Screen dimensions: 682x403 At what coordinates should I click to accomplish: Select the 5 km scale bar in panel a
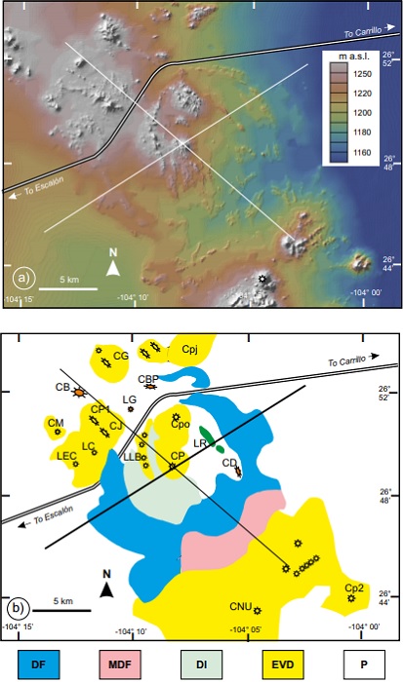[75, 288]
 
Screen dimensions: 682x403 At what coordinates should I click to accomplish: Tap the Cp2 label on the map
[353, 587]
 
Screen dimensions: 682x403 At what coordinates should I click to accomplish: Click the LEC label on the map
[66, 455]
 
